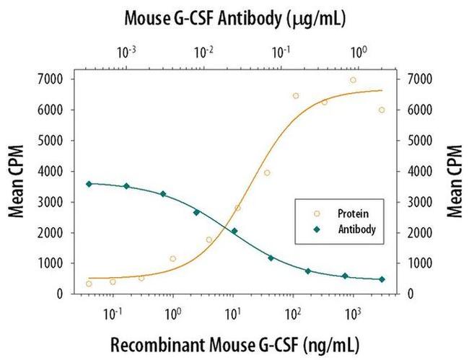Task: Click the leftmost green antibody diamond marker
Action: point(89,184)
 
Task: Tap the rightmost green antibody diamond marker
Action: point(382,279)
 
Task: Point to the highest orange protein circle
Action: point(353,80)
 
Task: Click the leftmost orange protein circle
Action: point(89,284)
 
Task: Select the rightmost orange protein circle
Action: point(382,110)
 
